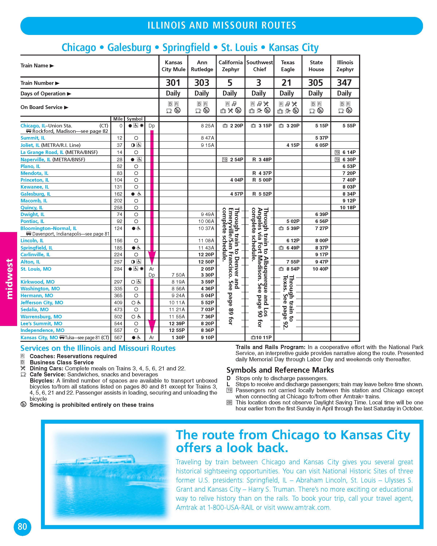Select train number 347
[x=344, y=83]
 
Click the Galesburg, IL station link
[x=36, y=194]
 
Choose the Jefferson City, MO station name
[x=42, y=303]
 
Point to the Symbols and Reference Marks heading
[x=280, y=370]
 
